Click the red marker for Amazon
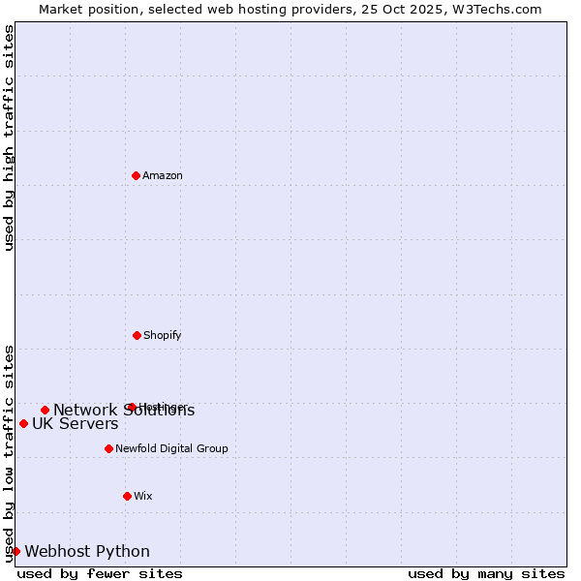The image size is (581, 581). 136,175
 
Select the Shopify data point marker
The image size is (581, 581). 137,335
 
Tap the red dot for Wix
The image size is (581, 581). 127,496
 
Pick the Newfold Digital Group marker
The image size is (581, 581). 108,448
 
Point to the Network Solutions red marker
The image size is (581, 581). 45,410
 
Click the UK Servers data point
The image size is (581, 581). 23,423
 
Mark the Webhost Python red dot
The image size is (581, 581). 15,551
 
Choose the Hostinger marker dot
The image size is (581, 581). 132,407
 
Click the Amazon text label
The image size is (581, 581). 163,175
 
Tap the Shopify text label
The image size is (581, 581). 163,335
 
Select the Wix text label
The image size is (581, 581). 143,496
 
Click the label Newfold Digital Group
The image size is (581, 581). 171,448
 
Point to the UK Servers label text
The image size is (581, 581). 76,423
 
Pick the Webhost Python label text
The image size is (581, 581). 87,551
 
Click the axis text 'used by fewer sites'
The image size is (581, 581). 100,573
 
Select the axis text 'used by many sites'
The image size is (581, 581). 486,573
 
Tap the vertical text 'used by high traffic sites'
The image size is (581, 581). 9,138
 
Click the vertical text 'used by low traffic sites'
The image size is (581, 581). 9,452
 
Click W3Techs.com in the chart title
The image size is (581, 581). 495,9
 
